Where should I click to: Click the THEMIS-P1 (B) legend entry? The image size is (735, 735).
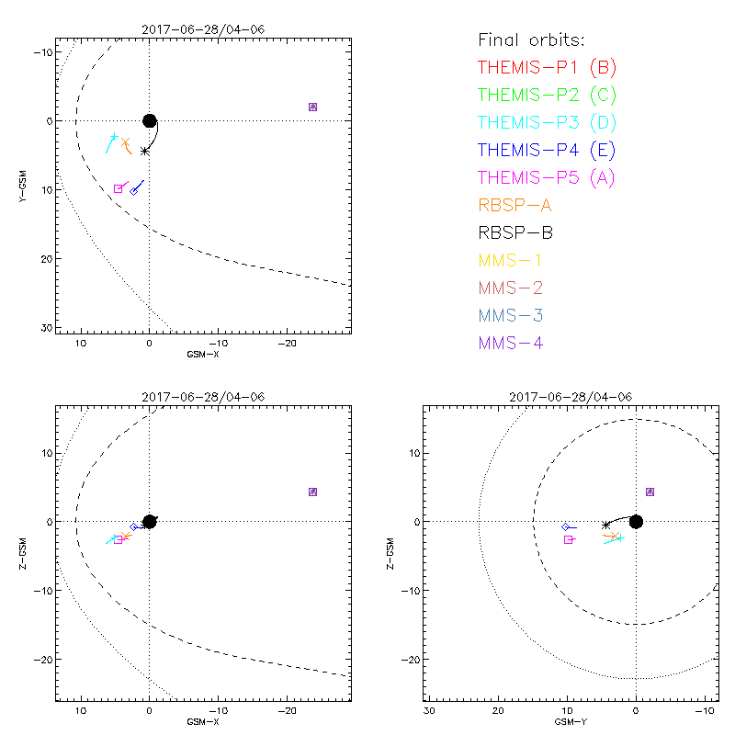click(x=547, y=67)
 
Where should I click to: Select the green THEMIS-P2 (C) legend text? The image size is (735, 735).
click(x=547, y=95)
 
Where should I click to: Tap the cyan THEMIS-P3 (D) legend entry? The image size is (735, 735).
click(x=547, y=122)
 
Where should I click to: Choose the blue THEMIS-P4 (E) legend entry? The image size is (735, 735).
click(x=547, y=150)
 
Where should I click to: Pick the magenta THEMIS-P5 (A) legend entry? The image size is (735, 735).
click(x=547, y=177)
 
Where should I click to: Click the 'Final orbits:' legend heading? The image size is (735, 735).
click(x=531, y=40)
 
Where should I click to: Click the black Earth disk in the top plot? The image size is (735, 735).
click(x=150, y=120)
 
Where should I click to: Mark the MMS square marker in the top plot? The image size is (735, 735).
click(x=312, y=107)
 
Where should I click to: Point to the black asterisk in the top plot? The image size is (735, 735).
click(x=144, y=151)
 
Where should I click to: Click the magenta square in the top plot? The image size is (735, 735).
click(x=118, y=188)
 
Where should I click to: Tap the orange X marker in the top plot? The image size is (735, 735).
click(x=126, y=142)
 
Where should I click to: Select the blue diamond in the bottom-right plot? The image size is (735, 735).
click(x=566, y=526)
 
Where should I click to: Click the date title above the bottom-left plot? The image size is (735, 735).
click(x=203, y=397)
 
